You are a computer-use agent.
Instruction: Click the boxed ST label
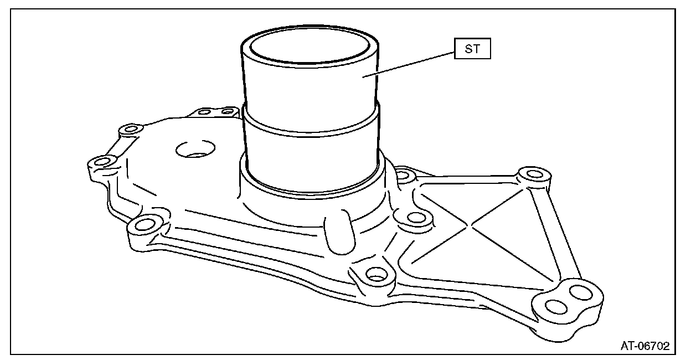coord(472,49)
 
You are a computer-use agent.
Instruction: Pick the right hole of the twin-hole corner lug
coord(579,291)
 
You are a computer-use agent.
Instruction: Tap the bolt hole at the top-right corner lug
coord(534,174)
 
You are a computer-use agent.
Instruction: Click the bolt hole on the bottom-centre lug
coord(376,274)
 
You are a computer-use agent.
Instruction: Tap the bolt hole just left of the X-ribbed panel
coord(410,217)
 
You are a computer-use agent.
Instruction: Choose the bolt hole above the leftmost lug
coord(131,130)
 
